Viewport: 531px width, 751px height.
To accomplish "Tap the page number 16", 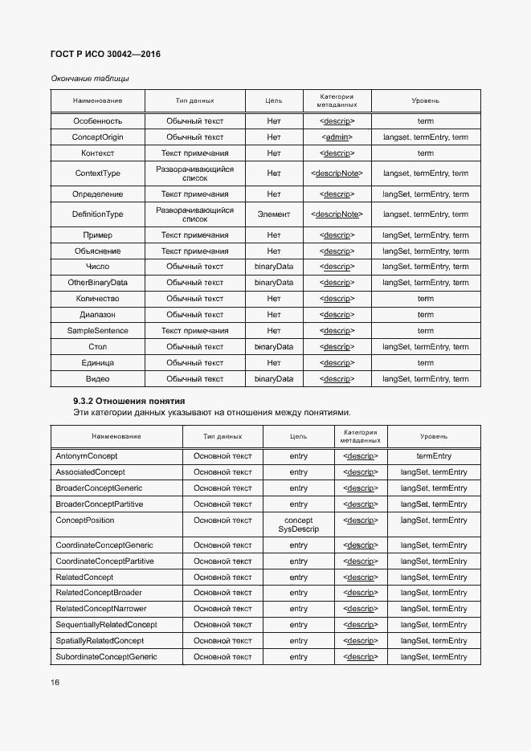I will click(55, 682).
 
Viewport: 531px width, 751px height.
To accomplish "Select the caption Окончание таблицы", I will click(89, 79).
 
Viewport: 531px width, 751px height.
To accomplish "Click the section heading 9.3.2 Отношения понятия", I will click(129, 400).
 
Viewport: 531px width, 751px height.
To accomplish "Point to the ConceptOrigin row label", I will click(98, 137).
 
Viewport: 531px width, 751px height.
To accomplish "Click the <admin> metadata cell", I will click(337, 137).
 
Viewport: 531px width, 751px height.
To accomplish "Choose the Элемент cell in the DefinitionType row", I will click(274, 214).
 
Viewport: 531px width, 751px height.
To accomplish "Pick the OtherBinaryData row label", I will click(98, 283).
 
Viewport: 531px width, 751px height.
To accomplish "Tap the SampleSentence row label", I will click(98, 331).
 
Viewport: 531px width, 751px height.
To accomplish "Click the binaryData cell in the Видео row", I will click(274, 378).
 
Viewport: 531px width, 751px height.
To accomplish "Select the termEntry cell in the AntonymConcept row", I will click(434, 455).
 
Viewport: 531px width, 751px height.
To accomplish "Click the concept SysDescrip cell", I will click(299, 524).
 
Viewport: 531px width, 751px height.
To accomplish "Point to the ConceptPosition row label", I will click(85, 520).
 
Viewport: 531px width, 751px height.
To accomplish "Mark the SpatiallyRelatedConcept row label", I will click(100, 641).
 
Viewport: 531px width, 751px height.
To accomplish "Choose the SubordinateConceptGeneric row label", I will click(106, 657).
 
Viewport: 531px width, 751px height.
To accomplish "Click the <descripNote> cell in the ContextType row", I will click(337, 173).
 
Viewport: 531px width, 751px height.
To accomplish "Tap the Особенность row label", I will click(98, 120).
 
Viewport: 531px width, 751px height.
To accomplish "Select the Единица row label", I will click(98, 363).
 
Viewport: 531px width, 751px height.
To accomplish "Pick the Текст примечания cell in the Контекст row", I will click(194, 153).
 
